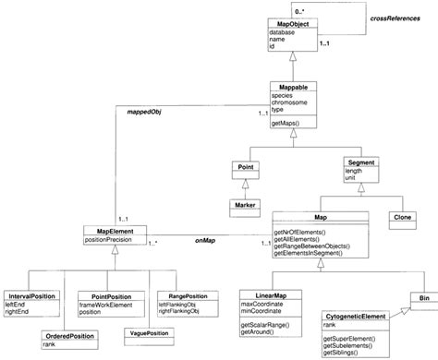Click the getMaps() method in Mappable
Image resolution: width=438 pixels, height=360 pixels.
click(288, 122)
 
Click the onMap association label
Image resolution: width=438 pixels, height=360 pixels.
click(204, 237)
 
